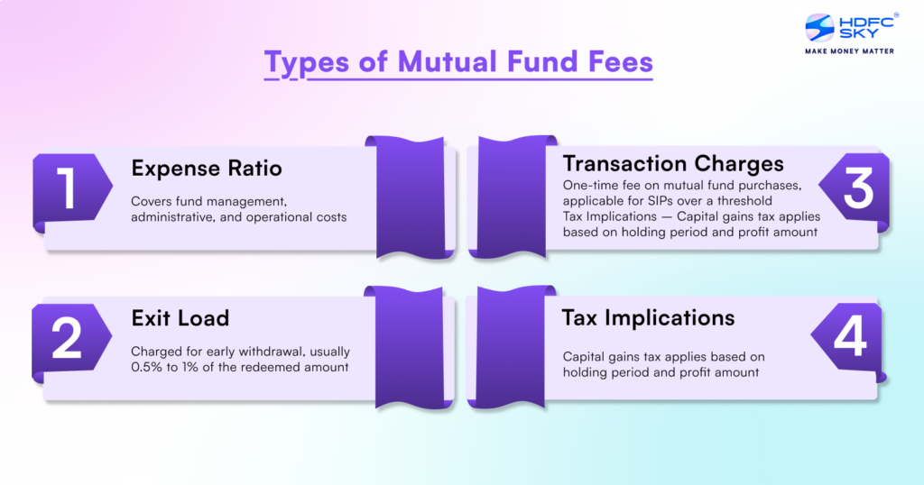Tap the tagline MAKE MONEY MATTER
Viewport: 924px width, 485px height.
tap(850, 51)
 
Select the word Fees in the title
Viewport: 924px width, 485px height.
tap(616, 64)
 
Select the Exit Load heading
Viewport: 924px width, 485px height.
tap(180, 317)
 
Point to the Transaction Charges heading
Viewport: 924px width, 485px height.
tap(673, 163)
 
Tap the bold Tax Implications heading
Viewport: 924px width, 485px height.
tap(648, 317)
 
